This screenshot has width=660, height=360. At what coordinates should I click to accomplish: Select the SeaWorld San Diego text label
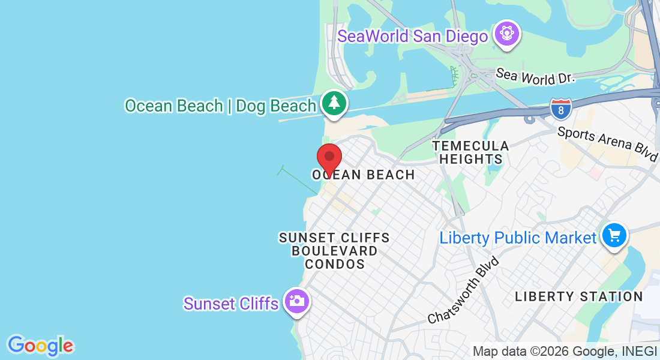click(x=413, y=36)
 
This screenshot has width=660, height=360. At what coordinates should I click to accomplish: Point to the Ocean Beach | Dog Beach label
click(x=220, y=106)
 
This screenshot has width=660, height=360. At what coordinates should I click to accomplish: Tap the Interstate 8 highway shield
click(x=560, y=109)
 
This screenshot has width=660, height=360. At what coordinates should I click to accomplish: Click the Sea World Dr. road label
click(x=535, y=76)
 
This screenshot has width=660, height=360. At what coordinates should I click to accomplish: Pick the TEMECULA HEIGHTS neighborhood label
click(x=471, y=152)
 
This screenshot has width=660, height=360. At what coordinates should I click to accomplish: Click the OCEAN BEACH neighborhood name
click(x=364, y=175)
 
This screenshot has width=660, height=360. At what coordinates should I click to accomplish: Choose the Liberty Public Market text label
click(x=518, y=238)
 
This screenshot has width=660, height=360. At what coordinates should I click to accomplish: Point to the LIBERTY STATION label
click(x=579, y=296)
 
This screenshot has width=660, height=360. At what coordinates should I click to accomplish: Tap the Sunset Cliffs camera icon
click(x=296, y=301)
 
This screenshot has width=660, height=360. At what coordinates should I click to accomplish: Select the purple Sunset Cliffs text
click(x=231, y=304)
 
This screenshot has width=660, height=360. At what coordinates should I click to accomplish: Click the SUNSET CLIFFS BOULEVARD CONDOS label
click(x=335, y=251)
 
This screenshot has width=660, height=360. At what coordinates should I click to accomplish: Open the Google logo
click(x=41, y=346)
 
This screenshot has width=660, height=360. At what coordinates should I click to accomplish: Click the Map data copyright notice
click(x=565, y=352)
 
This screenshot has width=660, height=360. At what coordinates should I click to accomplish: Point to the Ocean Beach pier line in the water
click(x=298, y=181)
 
